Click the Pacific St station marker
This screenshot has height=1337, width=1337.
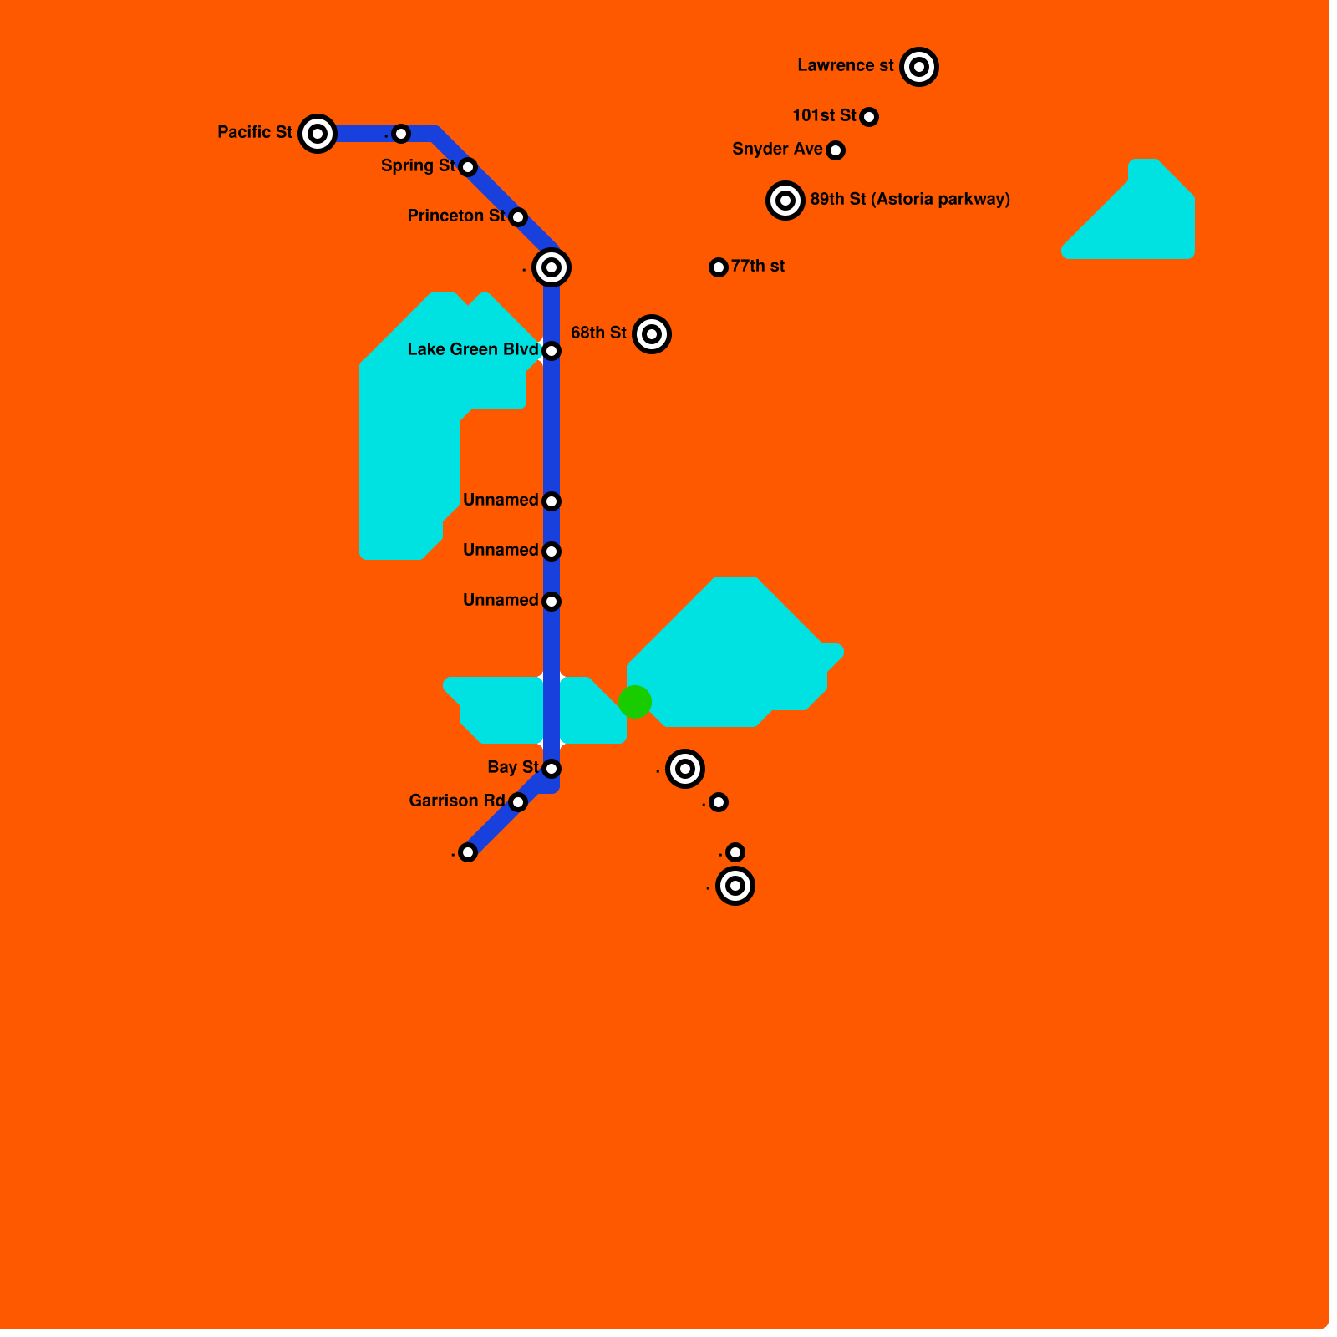tap(318, 134)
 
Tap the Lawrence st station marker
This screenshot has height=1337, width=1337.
tap(919, 67)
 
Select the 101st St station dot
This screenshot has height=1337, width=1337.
tap(869, 117)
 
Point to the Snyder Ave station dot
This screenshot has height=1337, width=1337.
tap(836, 150)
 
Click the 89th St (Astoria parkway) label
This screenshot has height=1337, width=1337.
tap(910, 200)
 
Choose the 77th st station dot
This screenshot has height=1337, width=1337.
tap(719, 267)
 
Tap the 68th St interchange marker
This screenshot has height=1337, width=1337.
tap(652, 334)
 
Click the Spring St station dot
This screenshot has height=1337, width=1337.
tap(468, 167)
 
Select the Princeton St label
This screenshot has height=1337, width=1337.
tap(456, 216)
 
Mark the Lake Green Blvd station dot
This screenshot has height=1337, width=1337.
tap(552, 351)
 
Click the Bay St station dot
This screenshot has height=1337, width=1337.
tap(552, 769)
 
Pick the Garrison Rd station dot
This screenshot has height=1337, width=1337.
tap(518, 802)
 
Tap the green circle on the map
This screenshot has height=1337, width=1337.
tap(635, 702)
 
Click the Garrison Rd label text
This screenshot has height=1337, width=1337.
tap(457, 801)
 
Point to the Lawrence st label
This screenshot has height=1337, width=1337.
tap(846, 66)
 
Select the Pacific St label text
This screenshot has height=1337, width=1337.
tap(255, 133)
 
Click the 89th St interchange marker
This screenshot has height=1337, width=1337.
tap(785, 201)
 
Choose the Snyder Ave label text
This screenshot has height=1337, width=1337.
tap(777, 150)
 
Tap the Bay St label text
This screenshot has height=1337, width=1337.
tap(513, 768)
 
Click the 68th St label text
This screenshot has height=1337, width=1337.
tap(598, 333)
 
